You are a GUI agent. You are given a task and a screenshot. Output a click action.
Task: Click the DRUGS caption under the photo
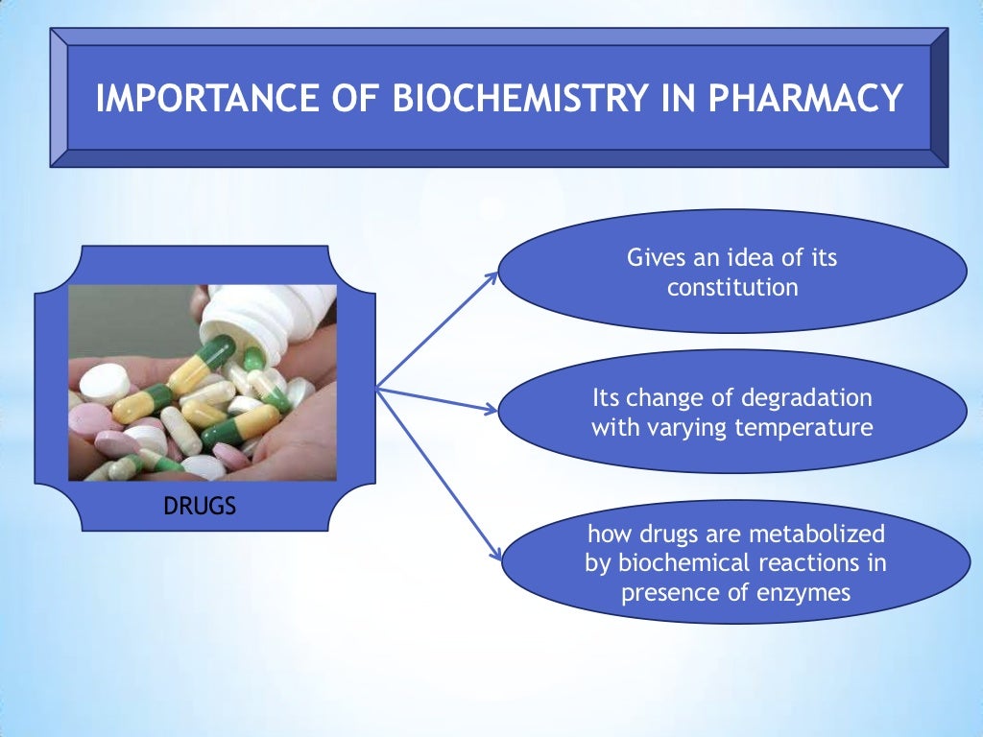(x=200, y=505)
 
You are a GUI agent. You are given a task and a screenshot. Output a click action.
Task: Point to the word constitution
(x=732, y=287)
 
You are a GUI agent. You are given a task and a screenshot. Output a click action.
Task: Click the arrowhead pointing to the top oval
(x=491, y=275)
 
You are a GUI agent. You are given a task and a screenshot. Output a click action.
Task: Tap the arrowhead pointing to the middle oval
(x=491, y=411)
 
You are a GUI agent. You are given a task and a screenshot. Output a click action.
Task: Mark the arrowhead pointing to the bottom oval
(x=495, y=553)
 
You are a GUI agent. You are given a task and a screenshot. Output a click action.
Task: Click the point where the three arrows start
(x=377, y=389)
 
